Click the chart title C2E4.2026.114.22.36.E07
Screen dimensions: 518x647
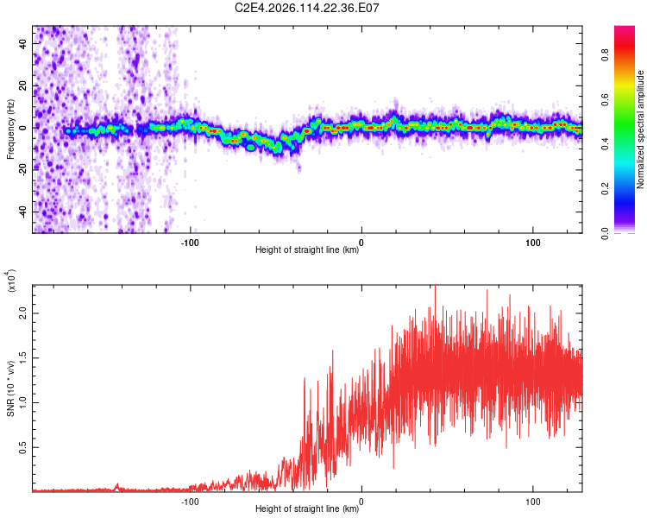[308, 8]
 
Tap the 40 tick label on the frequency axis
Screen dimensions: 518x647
[23, 43]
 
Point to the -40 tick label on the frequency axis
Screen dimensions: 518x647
[23, 212]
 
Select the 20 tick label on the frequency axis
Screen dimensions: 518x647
[23, 85]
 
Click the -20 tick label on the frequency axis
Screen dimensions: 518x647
[23, 169]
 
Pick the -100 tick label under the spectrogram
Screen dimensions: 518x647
[190, 241]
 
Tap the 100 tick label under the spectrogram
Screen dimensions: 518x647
[533, 241]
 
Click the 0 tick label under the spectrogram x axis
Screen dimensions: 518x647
[361, 241]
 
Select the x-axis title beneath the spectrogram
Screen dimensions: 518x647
[307, 250]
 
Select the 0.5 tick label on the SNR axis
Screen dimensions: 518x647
[23, 448]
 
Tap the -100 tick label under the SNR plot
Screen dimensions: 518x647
[190, 501]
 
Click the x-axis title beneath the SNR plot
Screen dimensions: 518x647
[307, 510]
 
